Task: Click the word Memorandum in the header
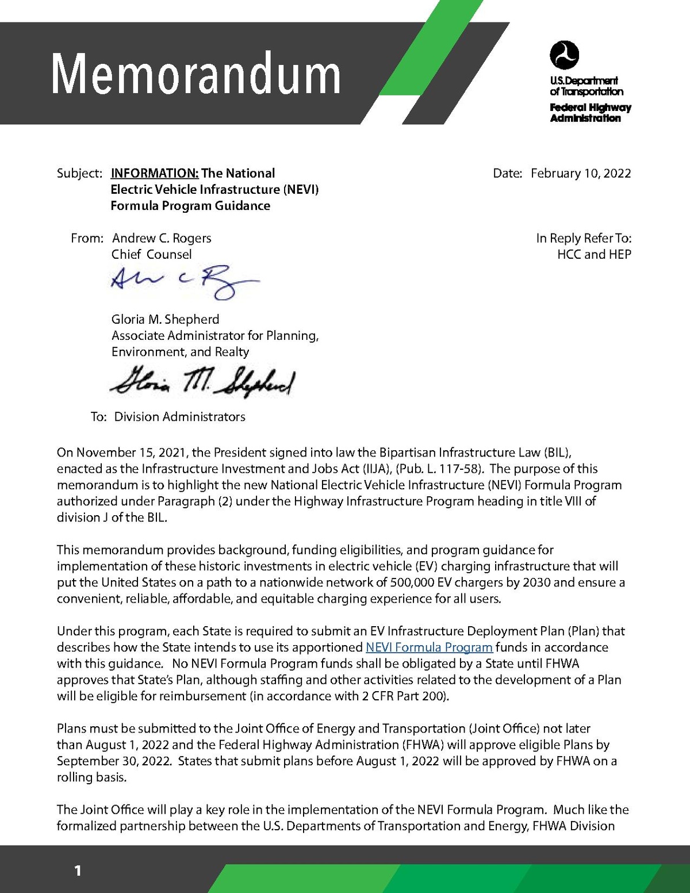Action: coord(196,74)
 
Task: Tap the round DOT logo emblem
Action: coord(564,55)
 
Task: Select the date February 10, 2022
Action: coord(581,174)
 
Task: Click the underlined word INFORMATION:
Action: coord(155,174)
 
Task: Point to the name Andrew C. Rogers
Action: coord(162,238)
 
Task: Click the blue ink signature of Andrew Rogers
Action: coord(184,281)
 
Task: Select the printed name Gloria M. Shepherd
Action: coord(165,319)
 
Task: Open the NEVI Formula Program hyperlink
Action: coord(429,647)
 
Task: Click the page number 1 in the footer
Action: coord(78,871)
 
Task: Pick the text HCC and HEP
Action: coord(594,254)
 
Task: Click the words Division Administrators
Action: coord(179,417)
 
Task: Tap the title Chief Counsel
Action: coord(151,254)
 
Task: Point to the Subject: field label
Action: coord(79,174)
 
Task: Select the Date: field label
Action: coord(507,174)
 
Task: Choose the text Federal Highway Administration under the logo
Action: coord(590,113)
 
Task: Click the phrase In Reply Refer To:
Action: coord(584,238)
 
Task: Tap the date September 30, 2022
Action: coord(113,761)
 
